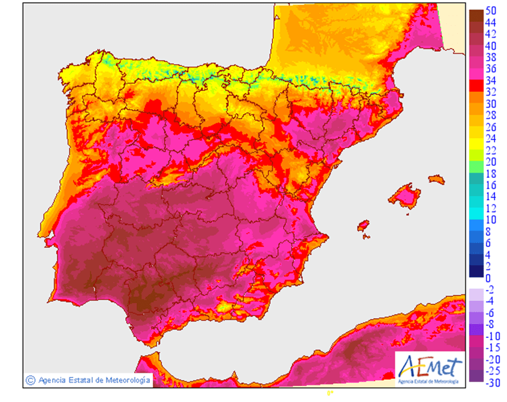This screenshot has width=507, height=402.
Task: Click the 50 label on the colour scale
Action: click(490, 11)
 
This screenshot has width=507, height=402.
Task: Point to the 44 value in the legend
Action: click(490, 23)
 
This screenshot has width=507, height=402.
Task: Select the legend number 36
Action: click(490, 69)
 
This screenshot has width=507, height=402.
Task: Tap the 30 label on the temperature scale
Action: click(490, 104)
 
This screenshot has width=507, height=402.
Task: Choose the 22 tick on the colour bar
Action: click(490, 150)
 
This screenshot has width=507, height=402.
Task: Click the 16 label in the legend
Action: click(490, 185)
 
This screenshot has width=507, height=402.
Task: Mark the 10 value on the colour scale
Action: click(490, 220)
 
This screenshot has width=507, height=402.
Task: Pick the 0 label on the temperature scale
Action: click(488, 278)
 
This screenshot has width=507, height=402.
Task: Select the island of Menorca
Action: click(437, 180)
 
